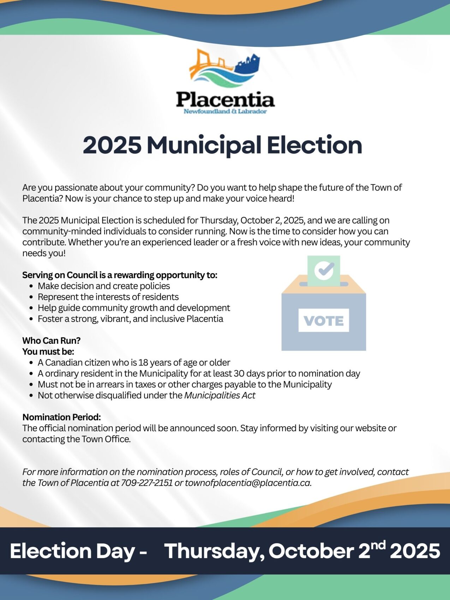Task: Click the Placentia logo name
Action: pyautogui.click(x=225, y=100)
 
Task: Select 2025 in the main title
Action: pyautogui.click(x=112, y=145)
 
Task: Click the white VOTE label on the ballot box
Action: pyautogui.click(x=324, y=320)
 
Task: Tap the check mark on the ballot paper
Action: pyautogui.click(x=324, y=270)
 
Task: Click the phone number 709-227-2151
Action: pyautogui.click(x=147, y=483)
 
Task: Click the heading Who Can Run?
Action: pyautogui.click(x=52, y=341)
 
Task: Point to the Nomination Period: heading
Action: pyautogui.click(x=62, y=417)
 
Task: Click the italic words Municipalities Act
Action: pyautogui.click(x=220, y=395)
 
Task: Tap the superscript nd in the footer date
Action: pyautogui.click(x=378, y=546)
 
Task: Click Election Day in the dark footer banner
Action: pyautogui.click(x=72, y=551)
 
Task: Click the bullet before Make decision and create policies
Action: pyautogui.click(x=32, y=286)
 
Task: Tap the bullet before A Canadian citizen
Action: pyautogui.click(x=32, y=363)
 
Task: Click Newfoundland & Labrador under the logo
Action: pyautogui.click(x=225, y=112)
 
